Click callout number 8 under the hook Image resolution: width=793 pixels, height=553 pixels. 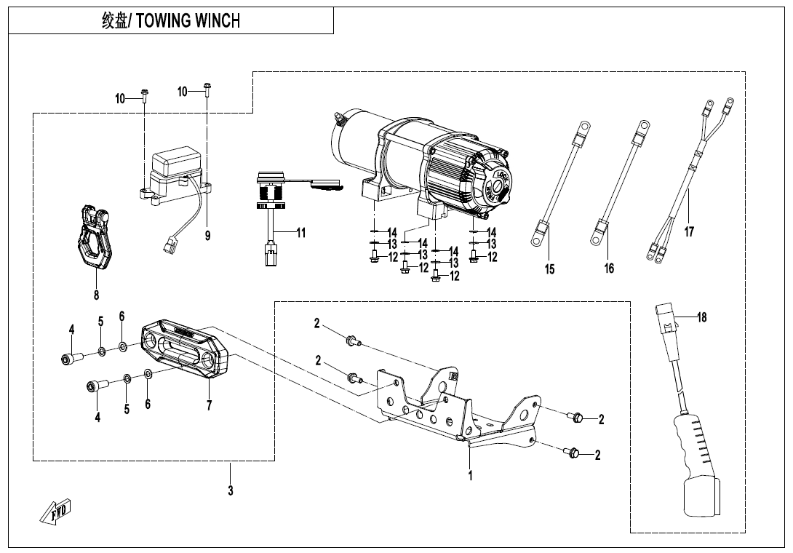click(96, 295)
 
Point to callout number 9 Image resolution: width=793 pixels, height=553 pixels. click(207, 236)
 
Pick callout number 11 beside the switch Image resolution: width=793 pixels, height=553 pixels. click(301, 234)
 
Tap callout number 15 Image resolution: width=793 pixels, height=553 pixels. click(550, 269)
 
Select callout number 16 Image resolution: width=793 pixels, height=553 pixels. click(609, 268)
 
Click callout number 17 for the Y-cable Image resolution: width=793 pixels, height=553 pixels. click(689, 231)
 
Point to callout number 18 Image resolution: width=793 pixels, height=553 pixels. click(701, 317)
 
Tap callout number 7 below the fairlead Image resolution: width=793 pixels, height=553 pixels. click(209, 405)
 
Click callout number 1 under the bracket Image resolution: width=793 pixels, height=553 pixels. click(470, 476)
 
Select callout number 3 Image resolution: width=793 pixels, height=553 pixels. click(231, 490)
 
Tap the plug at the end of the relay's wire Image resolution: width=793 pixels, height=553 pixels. click(168, 247)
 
